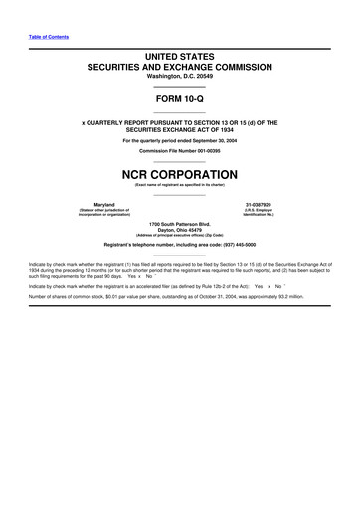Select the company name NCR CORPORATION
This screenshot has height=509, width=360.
tap(180, 172)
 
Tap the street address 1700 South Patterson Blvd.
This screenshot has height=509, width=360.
tap(180, 223)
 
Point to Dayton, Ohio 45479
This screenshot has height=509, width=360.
tap(180, 229)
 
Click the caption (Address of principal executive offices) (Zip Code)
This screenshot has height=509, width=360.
tap(180, 236)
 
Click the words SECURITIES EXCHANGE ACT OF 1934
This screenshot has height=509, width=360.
tap(180, 129)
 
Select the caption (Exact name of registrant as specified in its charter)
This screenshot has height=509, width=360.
tap(180, 184)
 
